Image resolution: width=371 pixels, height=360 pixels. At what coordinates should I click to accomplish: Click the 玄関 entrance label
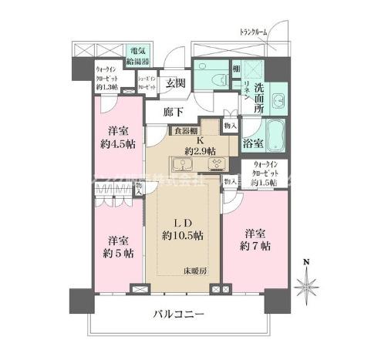click(x=174, y=83)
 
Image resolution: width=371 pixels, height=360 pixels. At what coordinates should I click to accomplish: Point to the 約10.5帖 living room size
click(x=183, y=234)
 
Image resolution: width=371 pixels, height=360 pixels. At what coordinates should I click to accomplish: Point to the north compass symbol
click(x=309, y=287)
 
